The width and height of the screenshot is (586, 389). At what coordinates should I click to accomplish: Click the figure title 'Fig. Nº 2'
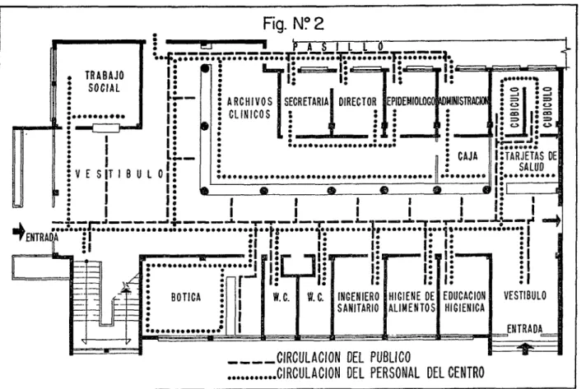[293, 24]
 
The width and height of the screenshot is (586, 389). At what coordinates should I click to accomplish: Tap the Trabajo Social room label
[105, 81]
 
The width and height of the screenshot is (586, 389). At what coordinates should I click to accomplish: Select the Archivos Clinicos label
[249, 108]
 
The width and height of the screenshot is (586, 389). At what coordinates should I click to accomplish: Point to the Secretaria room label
[306, 101]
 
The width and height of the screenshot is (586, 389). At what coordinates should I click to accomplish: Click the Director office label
[358, 101]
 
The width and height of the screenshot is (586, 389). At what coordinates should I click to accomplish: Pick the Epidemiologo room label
[412, 101]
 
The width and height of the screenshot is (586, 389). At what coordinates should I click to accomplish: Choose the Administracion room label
[463, 101]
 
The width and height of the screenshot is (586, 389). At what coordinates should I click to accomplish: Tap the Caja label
[467, 155]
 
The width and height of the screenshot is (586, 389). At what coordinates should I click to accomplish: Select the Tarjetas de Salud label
[531, 161]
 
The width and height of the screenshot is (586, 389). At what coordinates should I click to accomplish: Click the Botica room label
[186, 297]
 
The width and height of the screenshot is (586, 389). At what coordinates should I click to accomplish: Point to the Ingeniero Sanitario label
[358, 302]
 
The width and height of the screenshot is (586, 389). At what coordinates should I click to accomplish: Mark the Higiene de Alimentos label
[412, 302]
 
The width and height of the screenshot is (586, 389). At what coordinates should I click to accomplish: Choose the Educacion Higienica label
[464, 302]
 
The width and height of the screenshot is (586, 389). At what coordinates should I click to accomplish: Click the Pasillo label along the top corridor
[338, 47]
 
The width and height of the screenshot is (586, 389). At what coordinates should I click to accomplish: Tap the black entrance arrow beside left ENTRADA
[19, 231]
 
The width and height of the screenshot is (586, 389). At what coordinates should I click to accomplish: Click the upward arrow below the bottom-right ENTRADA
[526, 349]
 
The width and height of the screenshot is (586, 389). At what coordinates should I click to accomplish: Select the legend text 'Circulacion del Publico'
[343, 357]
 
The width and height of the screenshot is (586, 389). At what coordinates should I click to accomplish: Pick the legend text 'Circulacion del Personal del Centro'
[380, 373]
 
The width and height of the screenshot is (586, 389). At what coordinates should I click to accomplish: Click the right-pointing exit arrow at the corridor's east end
[552, 220]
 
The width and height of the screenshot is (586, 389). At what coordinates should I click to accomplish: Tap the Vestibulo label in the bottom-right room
[525, 296]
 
